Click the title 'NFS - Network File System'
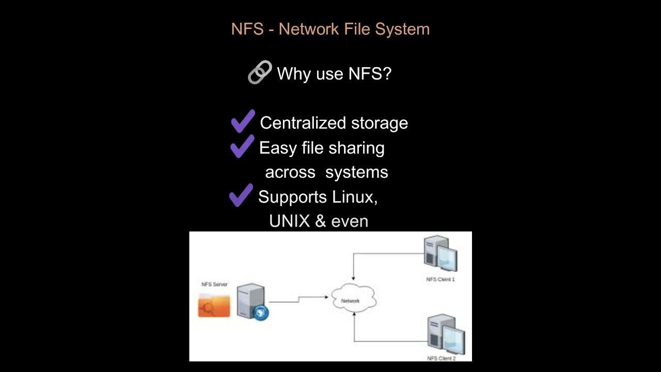coord(330,29)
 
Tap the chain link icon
coord(260,72)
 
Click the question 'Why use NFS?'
coord(334,74)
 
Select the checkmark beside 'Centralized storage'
coord(243,121)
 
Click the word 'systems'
coord(356,172)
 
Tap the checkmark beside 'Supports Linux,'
coord(241,195)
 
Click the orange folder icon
coord(214,305)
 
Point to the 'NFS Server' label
coord(214,284)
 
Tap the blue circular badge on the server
coord(261,313)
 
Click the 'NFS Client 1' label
coord(440,280)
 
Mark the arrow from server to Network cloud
coord(298,299)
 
